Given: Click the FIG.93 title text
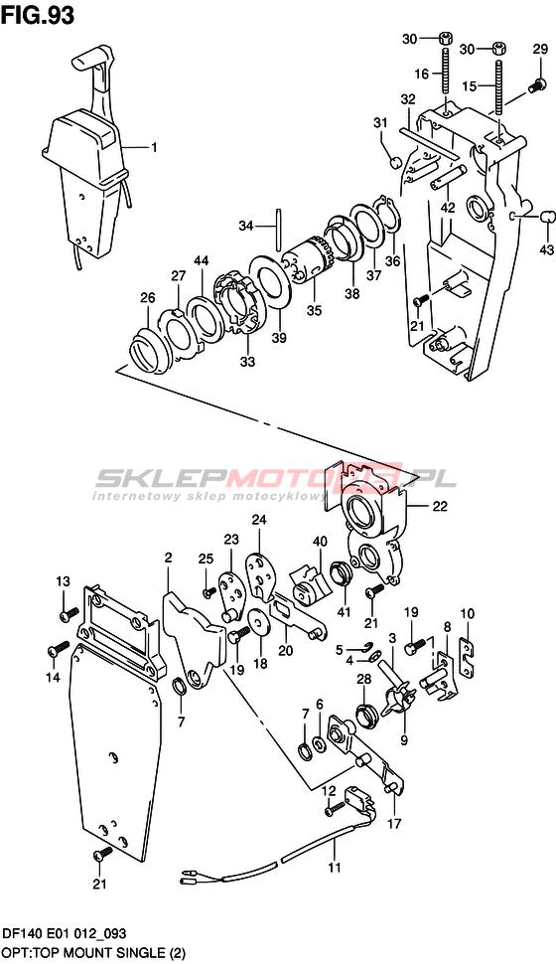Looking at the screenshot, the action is coord(38,15).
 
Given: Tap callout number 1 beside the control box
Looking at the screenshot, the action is coord(154,147).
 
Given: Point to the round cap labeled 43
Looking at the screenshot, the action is coord(547,217).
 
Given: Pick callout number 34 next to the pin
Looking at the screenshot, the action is coord(246,227).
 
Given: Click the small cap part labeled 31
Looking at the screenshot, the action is coord(397,162).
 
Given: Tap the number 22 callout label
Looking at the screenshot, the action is coord(440,507).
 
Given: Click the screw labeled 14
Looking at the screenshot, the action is coord(60,647).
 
